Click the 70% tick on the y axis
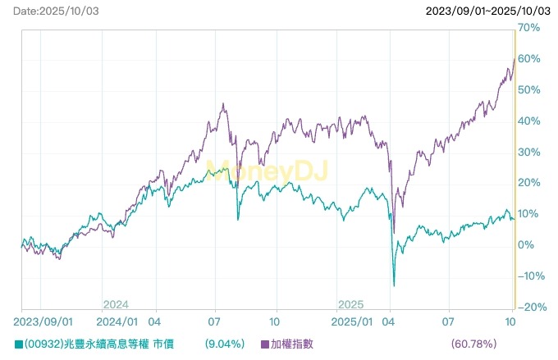tap(529, 28)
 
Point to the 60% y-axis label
tap(529, 59)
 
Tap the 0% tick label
tap(526, 245)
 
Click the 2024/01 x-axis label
tap(117, 322)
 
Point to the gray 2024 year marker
tap(116, 303)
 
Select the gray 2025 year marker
tap(351, 303)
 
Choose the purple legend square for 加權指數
tap(265, 344)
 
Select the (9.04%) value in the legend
tap(222, 344)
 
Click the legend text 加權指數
tap(292, 344)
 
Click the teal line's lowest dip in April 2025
tap(394, 285)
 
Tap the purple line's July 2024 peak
tap(223, 104)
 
